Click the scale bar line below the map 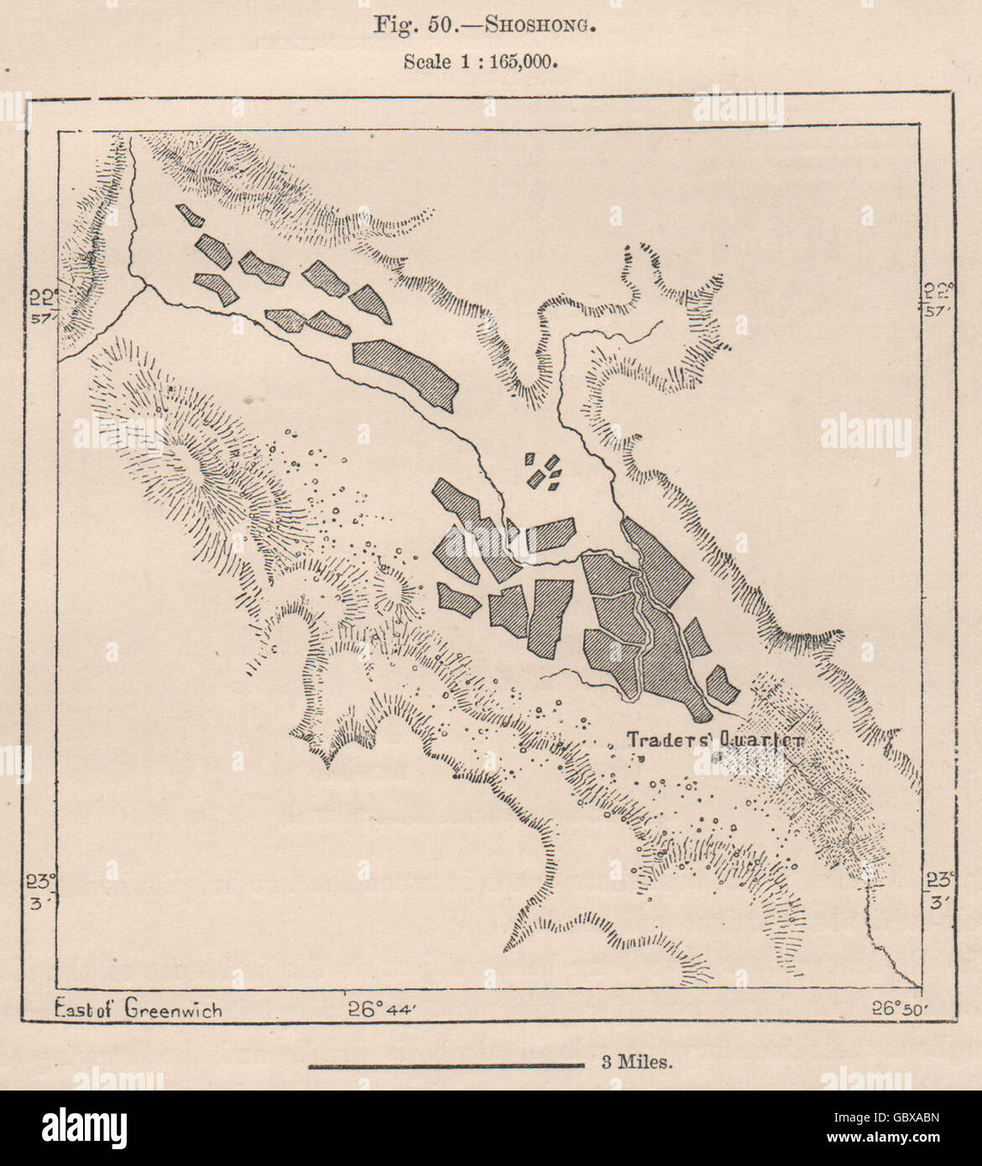pyautogui.click(x=446, y=1066)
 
